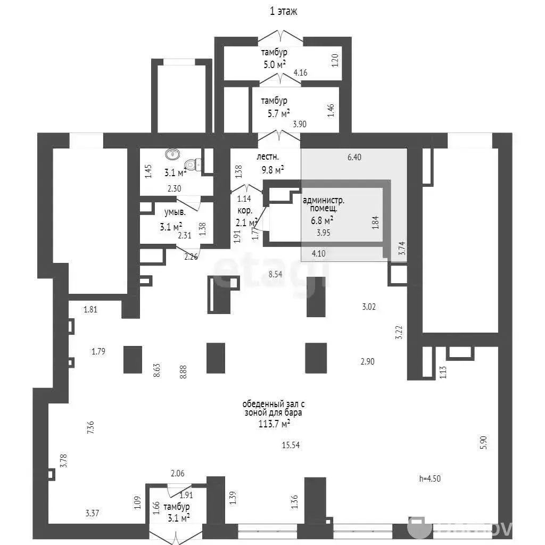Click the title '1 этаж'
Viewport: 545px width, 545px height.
point(284,11)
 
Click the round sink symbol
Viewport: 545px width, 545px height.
point(172,154)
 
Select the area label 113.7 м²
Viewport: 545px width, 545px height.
point(274,424)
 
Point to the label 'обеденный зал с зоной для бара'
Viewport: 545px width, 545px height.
point(274,408)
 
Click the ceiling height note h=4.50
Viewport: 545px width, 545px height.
point(430,478)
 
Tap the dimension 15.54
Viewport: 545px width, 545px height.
point(291,445)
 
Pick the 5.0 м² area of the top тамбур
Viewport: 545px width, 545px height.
point(275,64)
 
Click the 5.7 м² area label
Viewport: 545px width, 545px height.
point(279,113)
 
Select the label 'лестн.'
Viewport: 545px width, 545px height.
point(268,157)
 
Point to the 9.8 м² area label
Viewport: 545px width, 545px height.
point(273,170)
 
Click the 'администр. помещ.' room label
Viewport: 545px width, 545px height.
point(324,204)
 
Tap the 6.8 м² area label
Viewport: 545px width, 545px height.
point(322,220)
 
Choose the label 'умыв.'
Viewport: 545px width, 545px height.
point(175,212)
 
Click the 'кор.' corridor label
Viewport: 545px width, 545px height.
point(245,211)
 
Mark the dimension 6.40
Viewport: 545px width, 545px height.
point(354,157)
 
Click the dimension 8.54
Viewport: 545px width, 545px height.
point(275,274)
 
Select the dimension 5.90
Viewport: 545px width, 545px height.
point(483,442)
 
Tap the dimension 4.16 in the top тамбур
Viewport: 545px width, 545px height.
point(300,72)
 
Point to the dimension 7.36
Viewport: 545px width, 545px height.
point(90,427)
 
